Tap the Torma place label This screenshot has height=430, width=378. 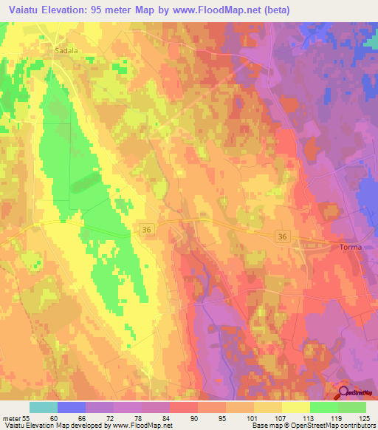click(x=351, y=247)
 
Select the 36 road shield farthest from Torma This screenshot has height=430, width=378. click(x=147, y=231)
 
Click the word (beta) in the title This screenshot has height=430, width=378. click(x=275, y=10)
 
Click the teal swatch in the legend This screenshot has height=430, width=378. click(x=44, y=407)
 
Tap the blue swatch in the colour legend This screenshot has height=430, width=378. click(x=72, y=407)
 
